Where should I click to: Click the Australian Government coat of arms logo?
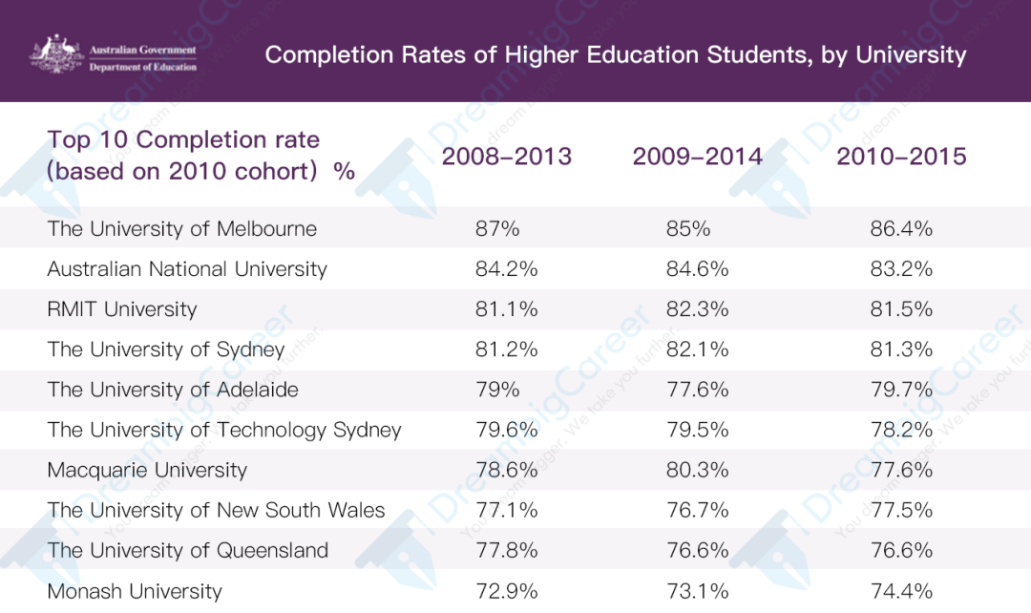click(x=56, y=53)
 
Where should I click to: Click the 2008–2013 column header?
click(x=506, y=157)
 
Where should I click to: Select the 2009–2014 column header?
click(x=697, y=157)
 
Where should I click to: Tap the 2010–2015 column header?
click(x=901, y=157)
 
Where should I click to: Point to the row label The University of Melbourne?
click(x=182, y=229)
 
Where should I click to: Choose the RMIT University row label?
click(x=122, y=309)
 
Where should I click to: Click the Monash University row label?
click(x=135, y=591)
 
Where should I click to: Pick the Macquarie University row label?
click(x=147, y=471)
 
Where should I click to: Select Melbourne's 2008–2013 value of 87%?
click(x=497, y=229)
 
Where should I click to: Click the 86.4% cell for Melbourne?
click(x=901, y=229)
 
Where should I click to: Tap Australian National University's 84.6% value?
click(x=697, y=269)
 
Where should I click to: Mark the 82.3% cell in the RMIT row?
click(x=697, y=309)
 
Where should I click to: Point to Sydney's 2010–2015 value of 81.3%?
click(x=901, y=349)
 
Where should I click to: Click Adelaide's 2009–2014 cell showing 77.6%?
click(x=697, y=390)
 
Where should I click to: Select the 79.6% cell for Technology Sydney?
click(x=506, y=430)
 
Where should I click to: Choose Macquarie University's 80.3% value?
click(x=697, y=470)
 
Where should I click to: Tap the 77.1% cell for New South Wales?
click(x=506, y=510)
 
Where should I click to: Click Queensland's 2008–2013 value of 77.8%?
click(x=506, y=550)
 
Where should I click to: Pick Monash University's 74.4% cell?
click(x=901, y=591)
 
